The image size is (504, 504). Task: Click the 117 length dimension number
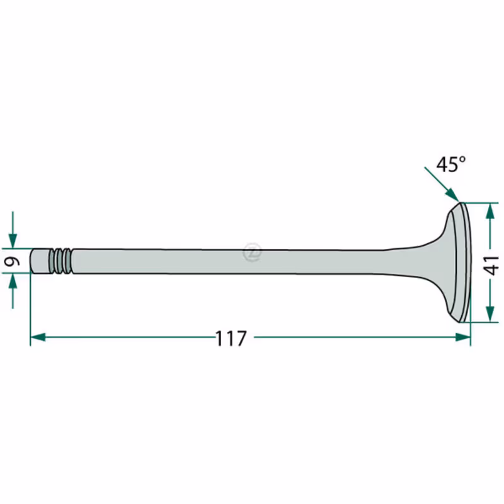pyautogui.click(x=231, y=338)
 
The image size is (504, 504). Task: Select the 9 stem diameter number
pyautogui.click(x=12, y=261)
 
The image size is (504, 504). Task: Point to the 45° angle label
pyautogui.click(x=451, y=164)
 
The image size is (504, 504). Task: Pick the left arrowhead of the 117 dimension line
pyautogui.click(x=38, y=337)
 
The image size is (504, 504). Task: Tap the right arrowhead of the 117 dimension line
pyautogui.click(x=463, y=337)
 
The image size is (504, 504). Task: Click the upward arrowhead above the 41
pyautogui.click(x=490, y=210)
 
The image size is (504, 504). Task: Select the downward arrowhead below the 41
pyautogui.click(x=490, y=314)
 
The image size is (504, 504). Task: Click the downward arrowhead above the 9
pyautogui.click(x=13, y=241)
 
